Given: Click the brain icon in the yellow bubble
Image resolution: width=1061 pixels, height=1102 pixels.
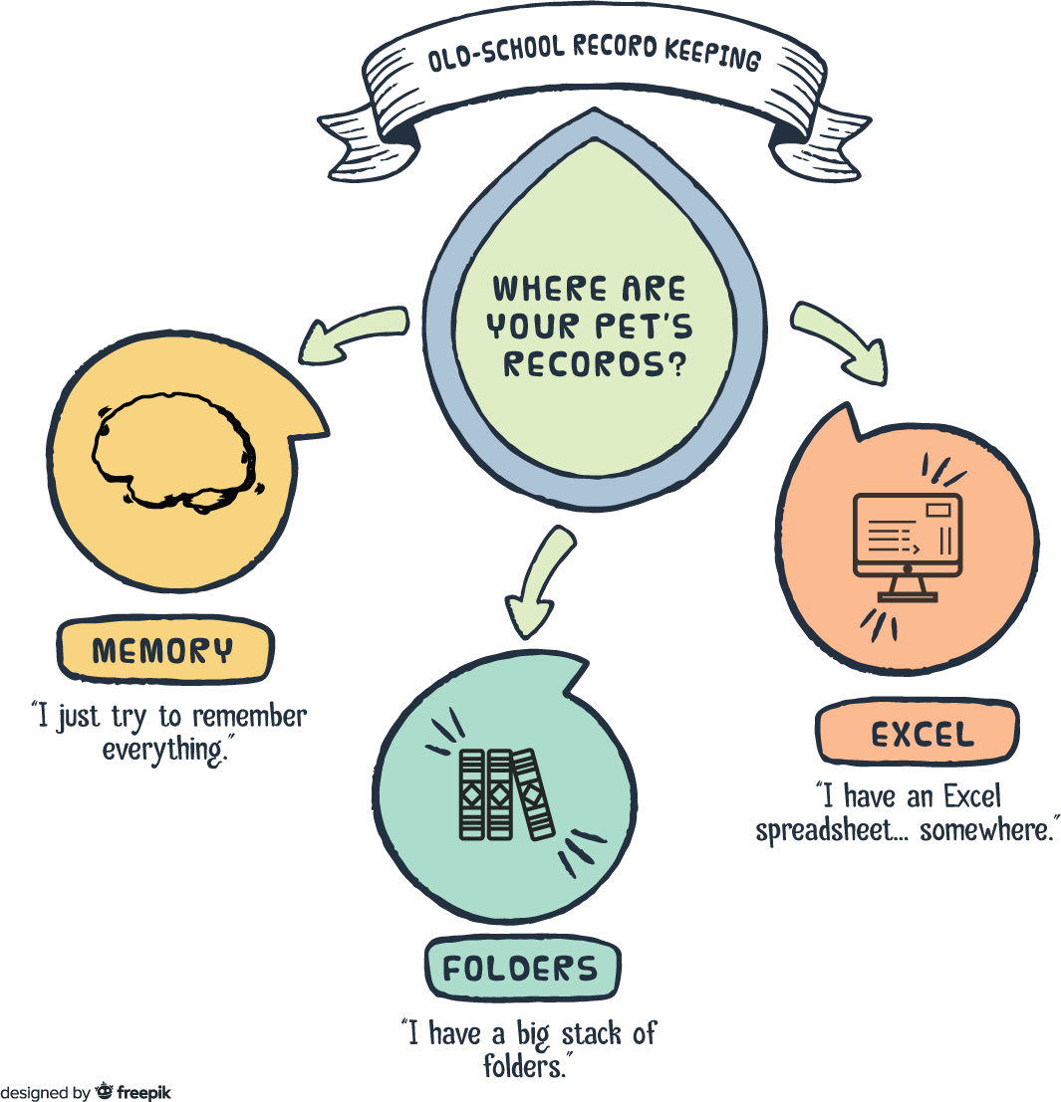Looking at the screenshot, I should [175, 454].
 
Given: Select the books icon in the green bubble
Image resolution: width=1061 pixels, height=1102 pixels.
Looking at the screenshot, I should [504, 793].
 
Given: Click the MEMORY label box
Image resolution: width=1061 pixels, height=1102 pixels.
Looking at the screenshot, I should [162, 651].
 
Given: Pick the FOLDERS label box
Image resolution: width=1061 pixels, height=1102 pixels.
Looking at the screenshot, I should [521, 968].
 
